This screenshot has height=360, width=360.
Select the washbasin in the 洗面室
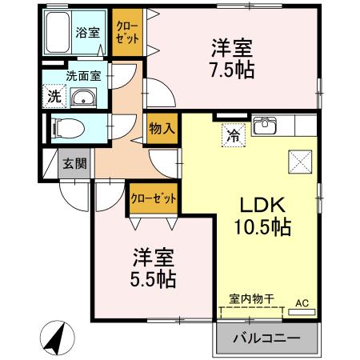pos(82,99)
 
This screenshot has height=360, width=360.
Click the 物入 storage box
pos(158,126)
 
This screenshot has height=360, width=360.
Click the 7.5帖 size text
pos(233,70)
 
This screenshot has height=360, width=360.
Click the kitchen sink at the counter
pos(265,126)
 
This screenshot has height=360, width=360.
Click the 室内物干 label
pos(252,299)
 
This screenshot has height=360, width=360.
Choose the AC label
pos(302,303)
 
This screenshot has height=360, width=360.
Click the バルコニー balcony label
pos(266,339)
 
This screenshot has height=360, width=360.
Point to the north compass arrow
pos(55,338)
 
